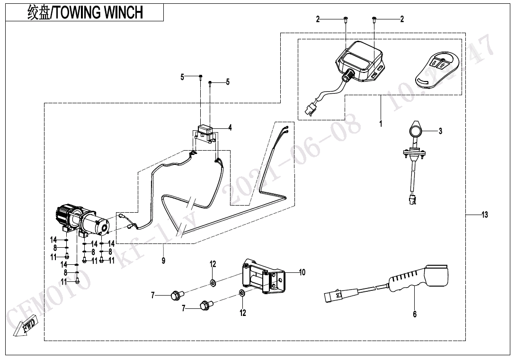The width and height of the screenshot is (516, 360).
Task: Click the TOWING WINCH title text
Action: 97,12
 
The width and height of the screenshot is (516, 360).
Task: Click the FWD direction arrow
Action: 23,327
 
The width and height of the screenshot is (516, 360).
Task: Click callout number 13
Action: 484,215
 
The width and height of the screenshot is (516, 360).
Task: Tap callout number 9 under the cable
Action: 164,261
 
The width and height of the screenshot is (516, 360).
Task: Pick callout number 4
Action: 230,127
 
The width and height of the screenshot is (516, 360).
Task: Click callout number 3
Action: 440,131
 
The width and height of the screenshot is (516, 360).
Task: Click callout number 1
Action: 381,124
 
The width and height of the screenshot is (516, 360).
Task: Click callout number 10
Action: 302,272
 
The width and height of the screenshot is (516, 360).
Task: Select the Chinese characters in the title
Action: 38,12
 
